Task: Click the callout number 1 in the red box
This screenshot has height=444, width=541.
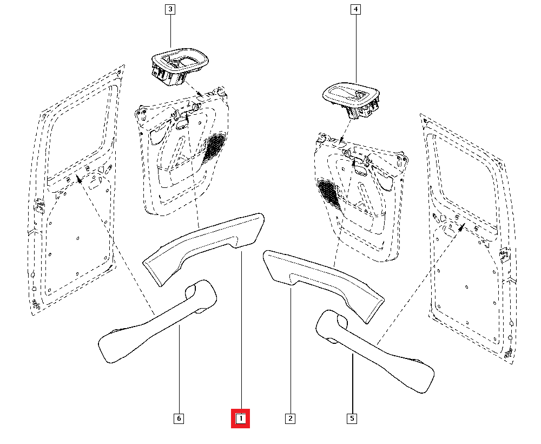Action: tap(241, 419)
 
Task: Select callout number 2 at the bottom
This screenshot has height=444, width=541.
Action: tap(291, 419)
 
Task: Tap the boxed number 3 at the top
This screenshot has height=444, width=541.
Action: tap(170, 9)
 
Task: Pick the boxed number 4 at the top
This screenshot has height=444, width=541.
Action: tap(355, 9)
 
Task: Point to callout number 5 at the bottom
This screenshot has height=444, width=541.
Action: tap(352, 419)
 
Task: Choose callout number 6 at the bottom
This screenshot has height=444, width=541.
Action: tap(179, 419)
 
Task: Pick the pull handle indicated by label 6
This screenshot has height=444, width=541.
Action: tap(157, 325)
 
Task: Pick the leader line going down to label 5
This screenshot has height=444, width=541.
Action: tap(352, 384)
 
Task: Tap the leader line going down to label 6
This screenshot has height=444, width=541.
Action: tap(179, 374)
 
